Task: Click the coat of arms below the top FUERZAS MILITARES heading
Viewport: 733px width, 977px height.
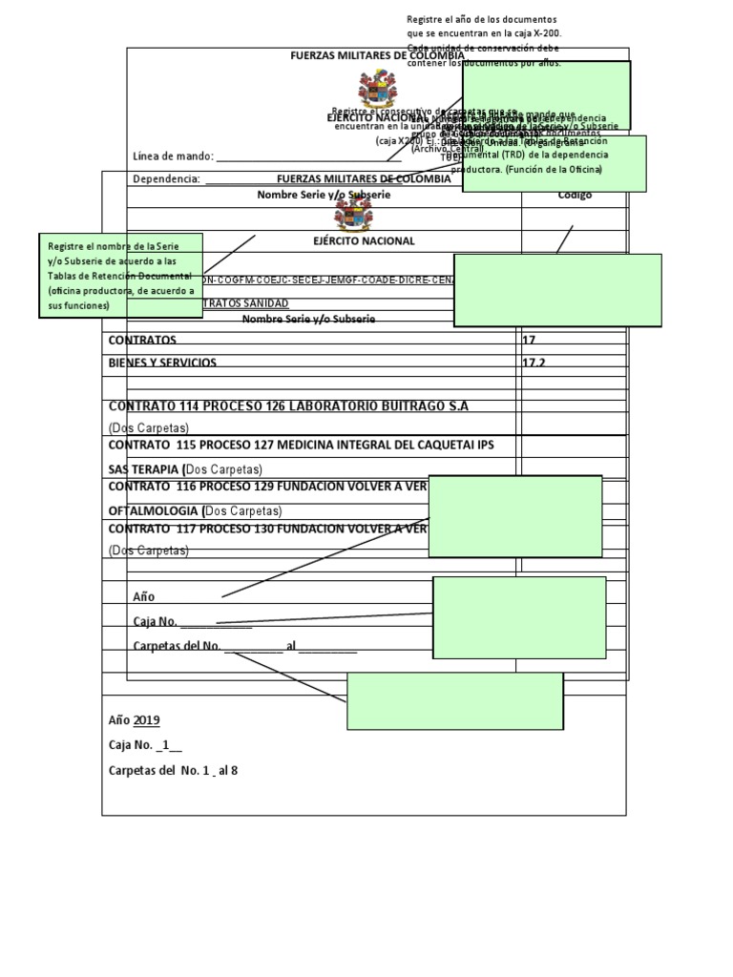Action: [377, 90]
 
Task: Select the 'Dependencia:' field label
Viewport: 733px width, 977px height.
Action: [166, 178]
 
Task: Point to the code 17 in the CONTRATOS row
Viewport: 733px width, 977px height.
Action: [529, 340]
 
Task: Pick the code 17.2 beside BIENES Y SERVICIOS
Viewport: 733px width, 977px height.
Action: [534, 364]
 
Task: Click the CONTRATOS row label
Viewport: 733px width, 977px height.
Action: [142, 340]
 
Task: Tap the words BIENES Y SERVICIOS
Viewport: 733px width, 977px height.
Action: [162, 364]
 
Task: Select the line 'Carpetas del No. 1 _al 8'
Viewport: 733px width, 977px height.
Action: [173, 770]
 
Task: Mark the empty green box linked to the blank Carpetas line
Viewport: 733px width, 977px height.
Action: [454, 701]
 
